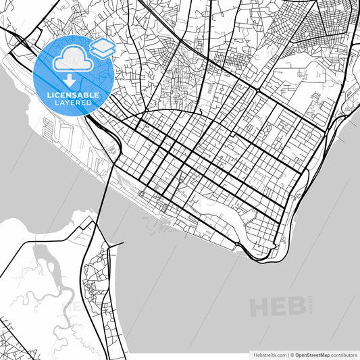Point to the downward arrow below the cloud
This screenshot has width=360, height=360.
point(71,78)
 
